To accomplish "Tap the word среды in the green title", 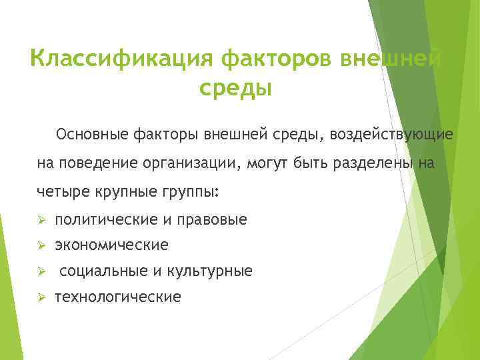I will click(x=235, y=88).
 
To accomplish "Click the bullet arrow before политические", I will click(x=41, y=219).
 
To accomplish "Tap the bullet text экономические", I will click(x=111, y=245).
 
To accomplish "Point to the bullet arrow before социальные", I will click(x=41, y=271).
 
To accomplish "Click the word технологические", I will click(x=117, y=297).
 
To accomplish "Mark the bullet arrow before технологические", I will click(x=41, y=297).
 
